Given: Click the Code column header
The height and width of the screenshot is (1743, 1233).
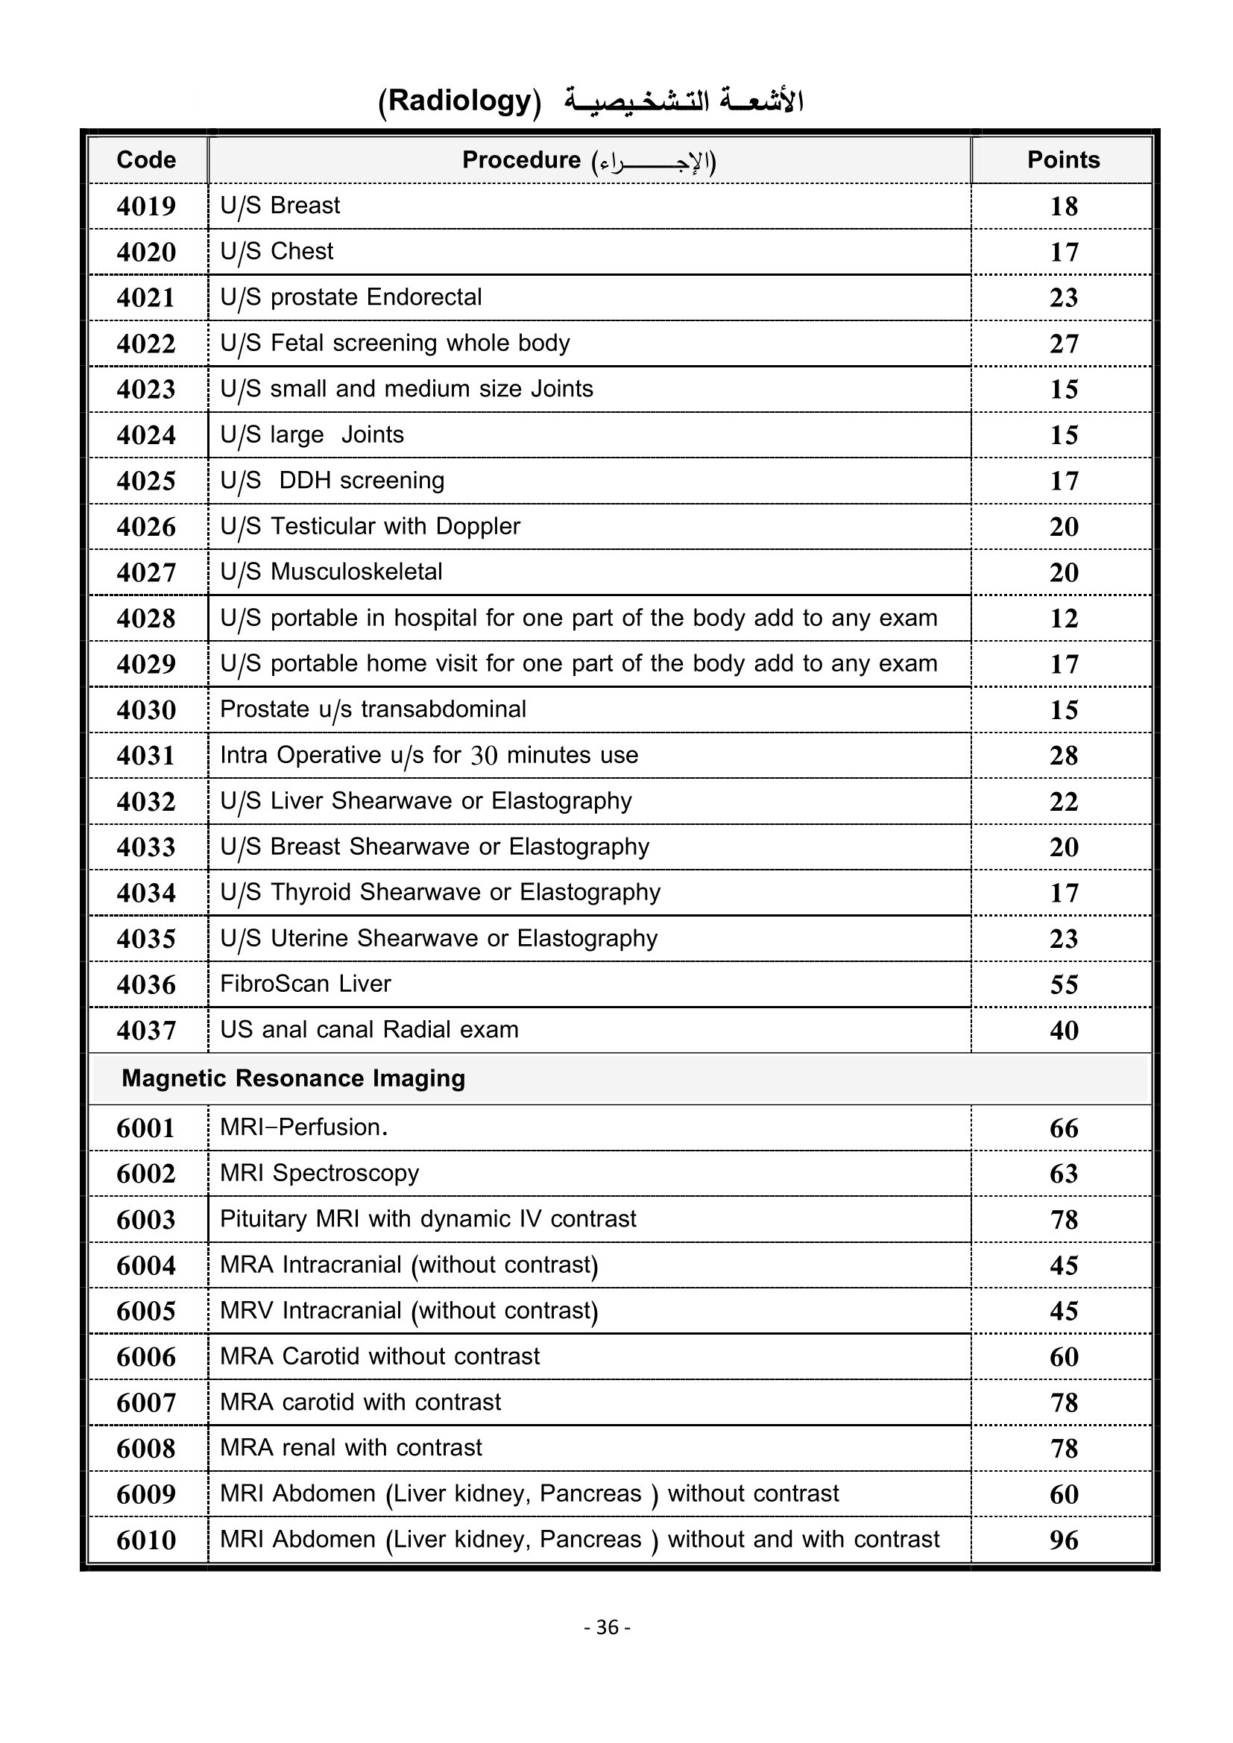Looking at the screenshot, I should (146, 160).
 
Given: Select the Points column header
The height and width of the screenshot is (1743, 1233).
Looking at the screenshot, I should (1063, 160).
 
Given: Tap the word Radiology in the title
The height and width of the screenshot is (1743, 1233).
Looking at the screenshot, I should (459, 101).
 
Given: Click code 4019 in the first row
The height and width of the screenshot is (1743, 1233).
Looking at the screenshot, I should (146, 206).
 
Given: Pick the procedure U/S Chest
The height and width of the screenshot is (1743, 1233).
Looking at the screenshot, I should (277, 251).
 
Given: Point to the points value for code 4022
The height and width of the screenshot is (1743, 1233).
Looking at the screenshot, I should (1064, 344).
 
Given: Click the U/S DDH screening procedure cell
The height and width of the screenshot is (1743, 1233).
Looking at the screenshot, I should (332, 481).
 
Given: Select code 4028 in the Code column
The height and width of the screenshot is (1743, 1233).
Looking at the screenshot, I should (146, 619).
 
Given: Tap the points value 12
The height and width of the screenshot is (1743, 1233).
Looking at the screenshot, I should (1064, 619).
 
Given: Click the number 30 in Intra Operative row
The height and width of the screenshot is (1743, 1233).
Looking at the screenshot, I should (484, 756).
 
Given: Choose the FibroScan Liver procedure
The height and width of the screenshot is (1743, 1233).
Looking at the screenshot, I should (305, 984).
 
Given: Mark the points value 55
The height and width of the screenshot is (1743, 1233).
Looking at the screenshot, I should (1064, 985).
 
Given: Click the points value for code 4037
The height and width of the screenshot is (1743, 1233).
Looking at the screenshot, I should (1064, 1031).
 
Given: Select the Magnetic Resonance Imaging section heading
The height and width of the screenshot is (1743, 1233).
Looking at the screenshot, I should (293, 1079).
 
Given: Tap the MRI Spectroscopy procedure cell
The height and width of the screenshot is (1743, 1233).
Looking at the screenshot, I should (319, 1174).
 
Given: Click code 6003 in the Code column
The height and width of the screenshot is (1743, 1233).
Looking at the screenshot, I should (146, 1220).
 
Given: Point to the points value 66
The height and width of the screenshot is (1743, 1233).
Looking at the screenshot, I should (1064, 1129).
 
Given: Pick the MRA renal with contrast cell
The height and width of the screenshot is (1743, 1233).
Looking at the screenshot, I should (351, 1448).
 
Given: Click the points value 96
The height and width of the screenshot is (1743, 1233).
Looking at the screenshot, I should (1064, 1540).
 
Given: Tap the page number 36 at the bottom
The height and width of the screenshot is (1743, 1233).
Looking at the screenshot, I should (608, 1627).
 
